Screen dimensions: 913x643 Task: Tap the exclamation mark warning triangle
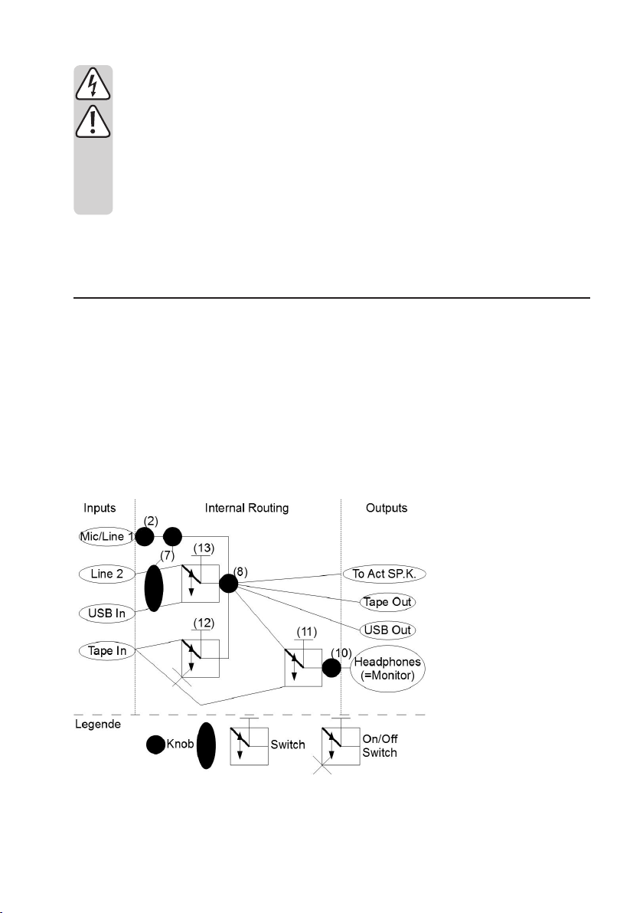click(x=93, y=121)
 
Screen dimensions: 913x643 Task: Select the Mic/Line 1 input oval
click(x=108, y=537)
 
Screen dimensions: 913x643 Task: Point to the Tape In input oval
click(x=107, y=650)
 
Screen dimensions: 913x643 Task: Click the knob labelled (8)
click(x=229, y=584)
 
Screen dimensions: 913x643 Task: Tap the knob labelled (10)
click(x=331, y=667)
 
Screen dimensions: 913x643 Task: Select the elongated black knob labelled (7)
click(x=155, y=588)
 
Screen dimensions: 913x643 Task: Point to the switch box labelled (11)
click(x=303, y=667)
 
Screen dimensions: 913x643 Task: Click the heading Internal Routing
click(x=247, y=508)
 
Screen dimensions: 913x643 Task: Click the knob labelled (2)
click(x=145, y=536)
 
